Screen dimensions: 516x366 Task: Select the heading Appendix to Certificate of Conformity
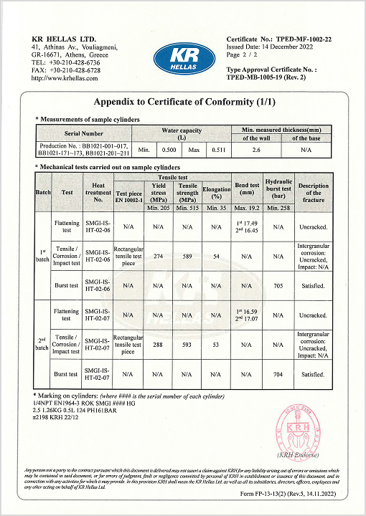184,102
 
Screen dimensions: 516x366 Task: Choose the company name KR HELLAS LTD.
64,39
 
